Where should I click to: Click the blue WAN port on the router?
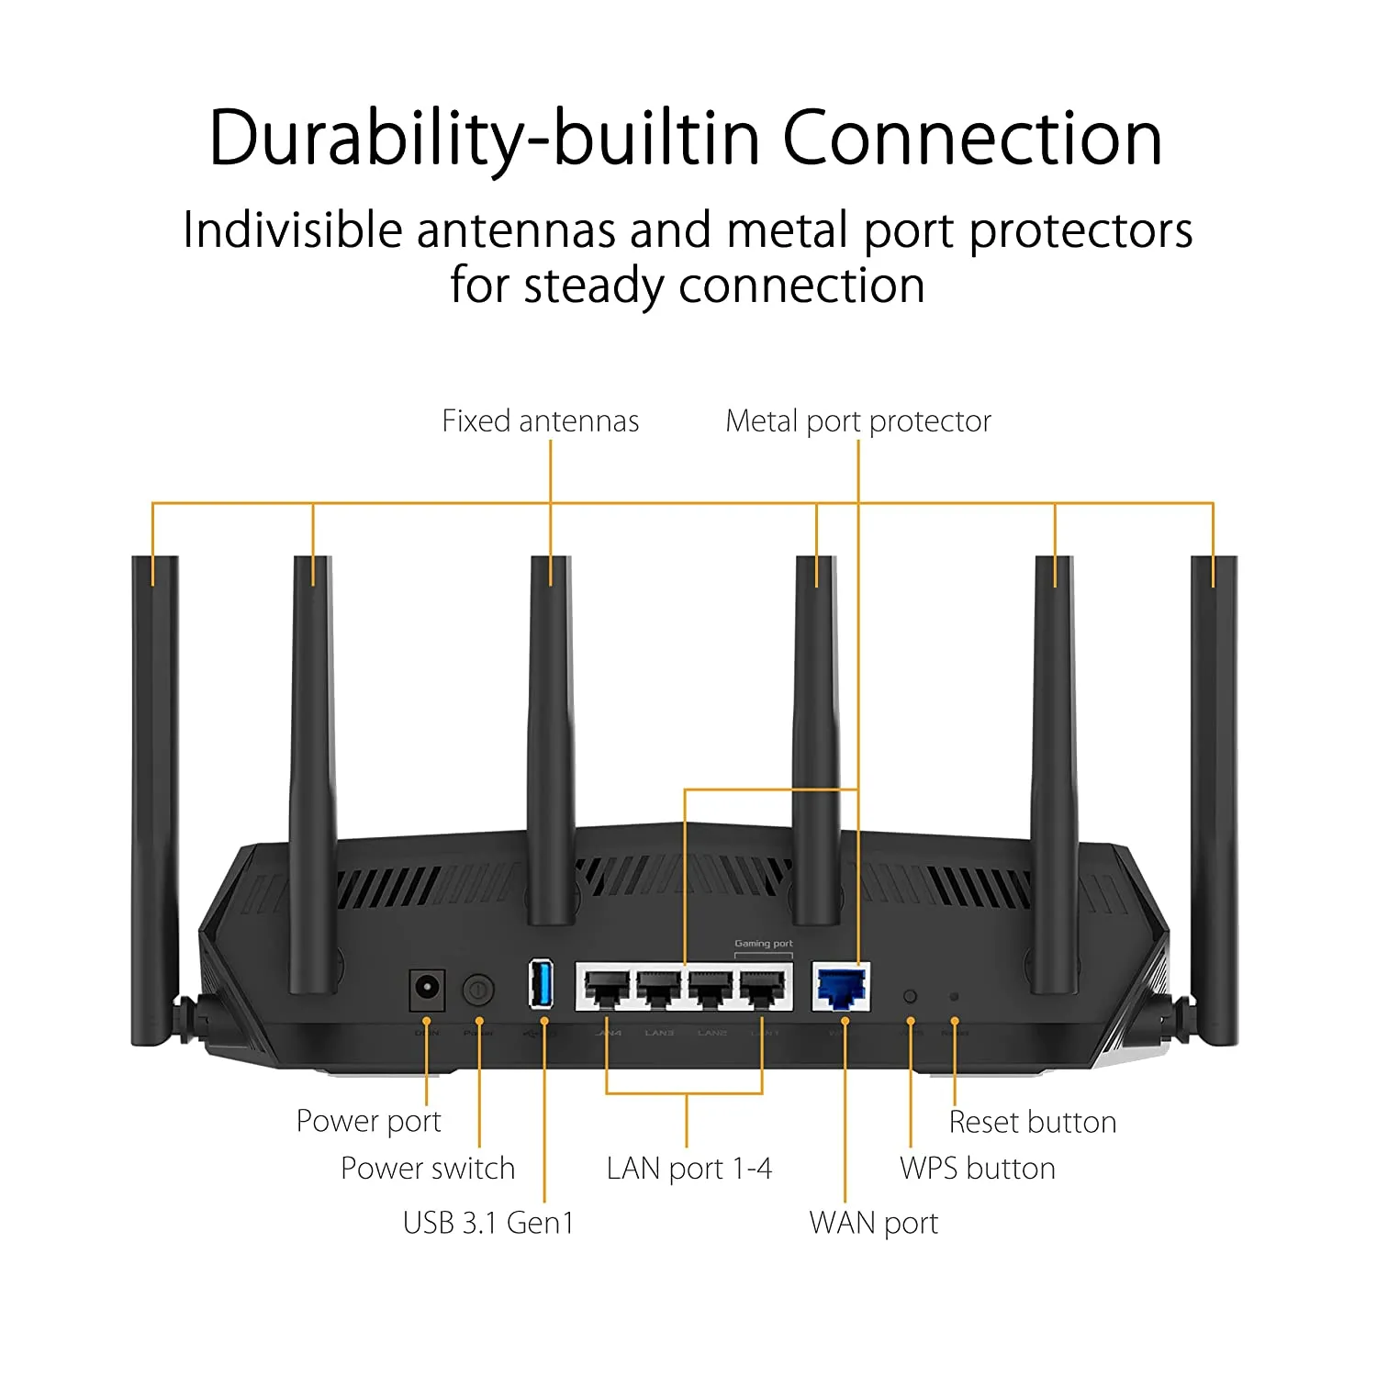(842, 988)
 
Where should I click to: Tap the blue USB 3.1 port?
(541, 983)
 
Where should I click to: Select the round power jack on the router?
(426, 990)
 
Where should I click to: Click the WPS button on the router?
(910, 996)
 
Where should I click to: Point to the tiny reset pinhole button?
(954, 996)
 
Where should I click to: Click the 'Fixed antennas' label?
(540, 421)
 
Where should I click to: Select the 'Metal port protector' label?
(857, 421)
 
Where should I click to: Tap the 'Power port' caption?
(368, 1121)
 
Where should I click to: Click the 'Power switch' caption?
(427, 1168)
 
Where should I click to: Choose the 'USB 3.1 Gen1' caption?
(487, 1223)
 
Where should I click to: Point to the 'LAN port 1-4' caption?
(688, 1169)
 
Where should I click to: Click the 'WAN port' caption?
(873, 1223)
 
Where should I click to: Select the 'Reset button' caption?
(1032, 1122)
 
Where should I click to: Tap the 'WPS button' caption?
(977, 1169)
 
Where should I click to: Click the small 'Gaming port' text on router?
(763, 944)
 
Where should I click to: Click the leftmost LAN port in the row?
(606, 988)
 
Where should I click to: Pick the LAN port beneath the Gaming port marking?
(764, 988)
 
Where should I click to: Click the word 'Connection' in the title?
(971, 139)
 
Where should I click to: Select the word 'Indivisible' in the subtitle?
(292, 229)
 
